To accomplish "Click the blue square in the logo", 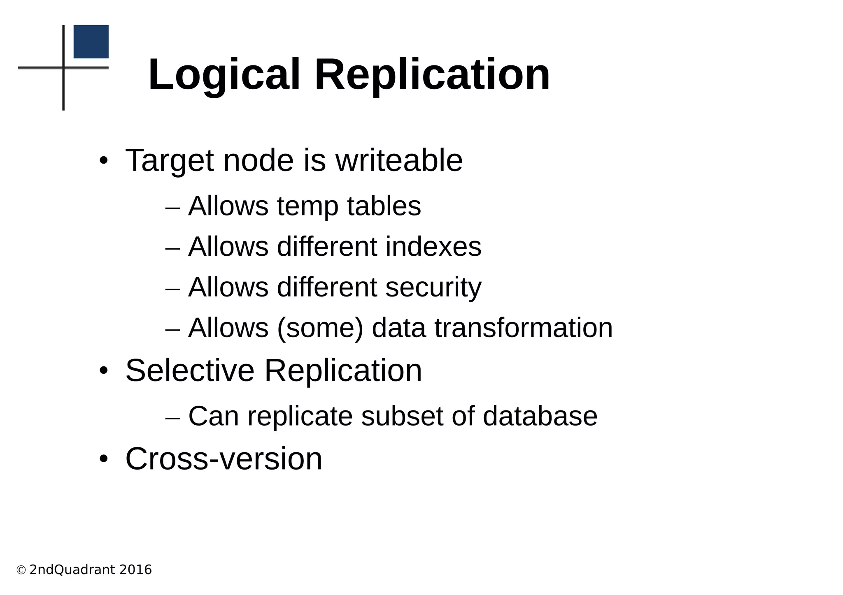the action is [x=91, y=42].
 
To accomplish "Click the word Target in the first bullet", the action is [x=169, y=161].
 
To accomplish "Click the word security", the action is [x=433, y=287].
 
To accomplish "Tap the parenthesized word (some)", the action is [x=320, y=328].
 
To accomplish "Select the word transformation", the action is [x=524, y=328].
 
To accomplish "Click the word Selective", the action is [x=190, y=370].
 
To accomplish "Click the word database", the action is [x=540, y=416].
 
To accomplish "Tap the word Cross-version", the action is [x=224, y=458].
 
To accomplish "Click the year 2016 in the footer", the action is [x=135, y=570].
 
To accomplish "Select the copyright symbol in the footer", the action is [x=21, y=570].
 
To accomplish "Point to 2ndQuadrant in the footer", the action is [x=72, y=570].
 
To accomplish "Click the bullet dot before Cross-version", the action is [x=103, y=458].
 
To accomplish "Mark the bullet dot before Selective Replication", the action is [x=103, y=370].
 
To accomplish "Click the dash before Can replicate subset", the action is [x=172, y=417].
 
